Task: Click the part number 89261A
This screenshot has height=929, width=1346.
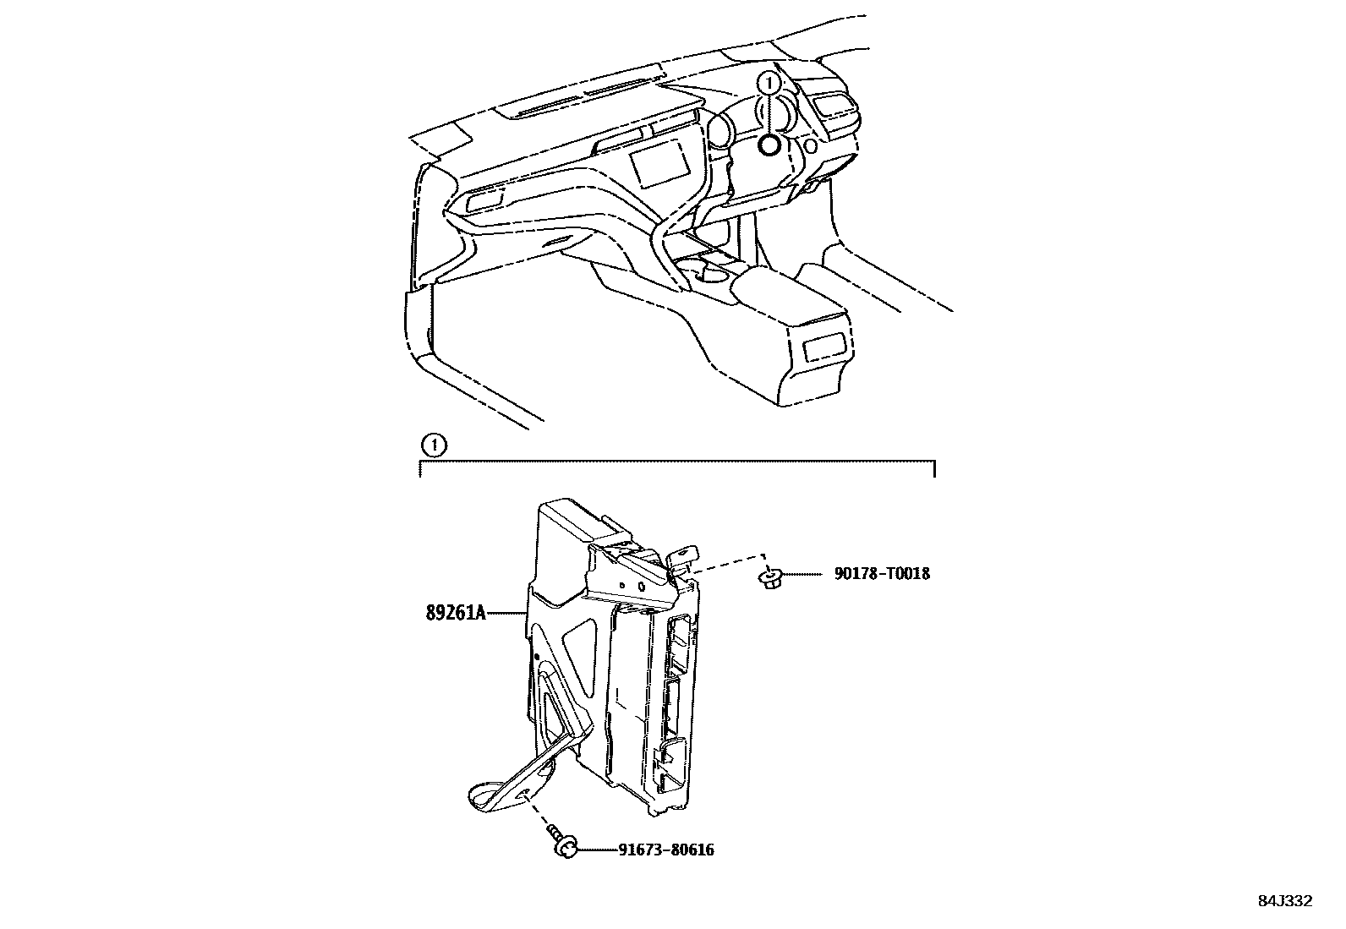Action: (455, 613)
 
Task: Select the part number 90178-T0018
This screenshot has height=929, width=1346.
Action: (881, 574)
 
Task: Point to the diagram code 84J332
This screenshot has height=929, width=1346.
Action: (1283, 901)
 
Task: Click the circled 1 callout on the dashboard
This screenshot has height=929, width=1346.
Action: (769, 83)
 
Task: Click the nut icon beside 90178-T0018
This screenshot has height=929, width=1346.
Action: (770, 578)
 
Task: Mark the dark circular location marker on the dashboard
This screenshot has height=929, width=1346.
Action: (769, 145)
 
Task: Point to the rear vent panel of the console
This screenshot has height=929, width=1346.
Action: (823, 346)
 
